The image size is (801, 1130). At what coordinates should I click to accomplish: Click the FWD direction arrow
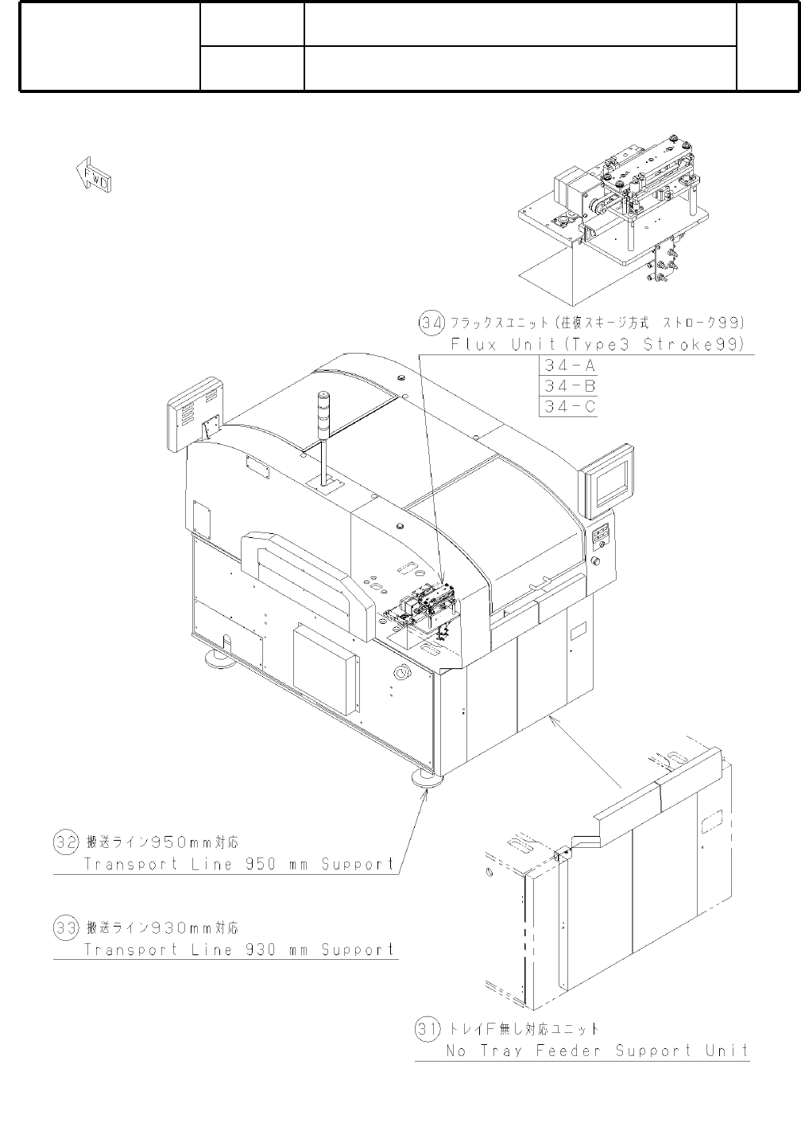tap(93, 174)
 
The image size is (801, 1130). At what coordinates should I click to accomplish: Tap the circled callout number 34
tap(430, 323)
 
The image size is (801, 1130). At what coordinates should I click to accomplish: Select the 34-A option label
tap(568, 366)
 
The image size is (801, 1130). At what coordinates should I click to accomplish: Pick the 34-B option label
tap(568, 387)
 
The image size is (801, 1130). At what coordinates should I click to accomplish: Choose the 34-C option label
tap(568, 407)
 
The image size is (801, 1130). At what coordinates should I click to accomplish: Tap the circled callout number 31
tap(428, 1029)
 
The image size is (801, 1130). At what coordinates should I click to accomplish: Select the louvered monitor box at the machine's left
tap(194, 412)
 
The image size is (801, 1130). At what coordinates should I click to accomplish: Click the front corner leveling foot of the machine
tap(425, 778)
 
